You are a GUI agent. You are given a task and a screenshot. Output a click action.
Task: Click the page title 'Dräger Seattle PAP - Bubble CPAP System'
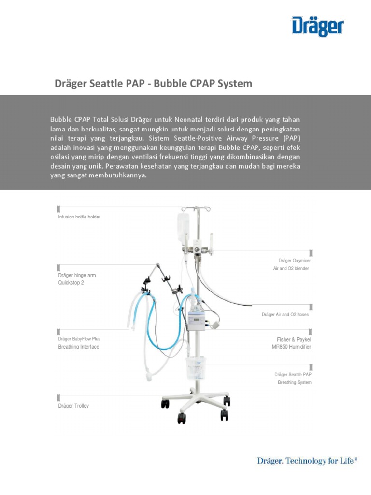point(154,84)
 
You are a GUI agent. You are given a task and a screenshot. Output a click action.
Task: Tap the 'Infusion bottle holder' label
point(79,217)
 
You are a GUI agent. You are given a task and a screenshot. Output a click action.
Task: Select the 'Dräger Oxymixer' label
point(295,261)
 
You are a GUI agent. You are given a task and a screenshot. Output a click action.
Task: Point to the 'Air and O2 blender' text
point(291,268)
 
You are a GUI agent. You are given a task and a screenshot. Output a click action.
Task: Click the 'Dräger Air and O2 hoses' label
point(285,315)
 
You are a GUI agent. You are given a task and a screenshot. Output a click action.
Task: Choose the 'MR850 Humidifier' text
point(291,347)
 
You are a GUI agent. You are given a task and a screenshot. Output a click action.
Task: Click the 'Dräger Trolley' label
point(73,406)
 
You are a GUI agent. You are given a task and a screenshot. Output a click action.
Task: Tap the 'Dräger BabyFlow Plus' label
point(79,339)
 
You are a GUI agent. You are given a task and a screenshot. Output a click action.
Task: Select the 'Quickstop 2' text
point(71,283)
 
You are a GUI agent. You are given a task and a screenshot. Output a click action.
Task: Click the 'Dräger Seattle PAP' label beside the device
point(293,375)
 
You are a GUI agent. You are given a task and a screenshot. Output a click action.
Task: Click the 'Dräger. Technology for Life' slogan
point(307,461)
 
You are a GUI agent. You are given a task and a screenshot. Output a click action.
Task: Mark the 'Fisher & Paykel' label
point(294,339)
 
